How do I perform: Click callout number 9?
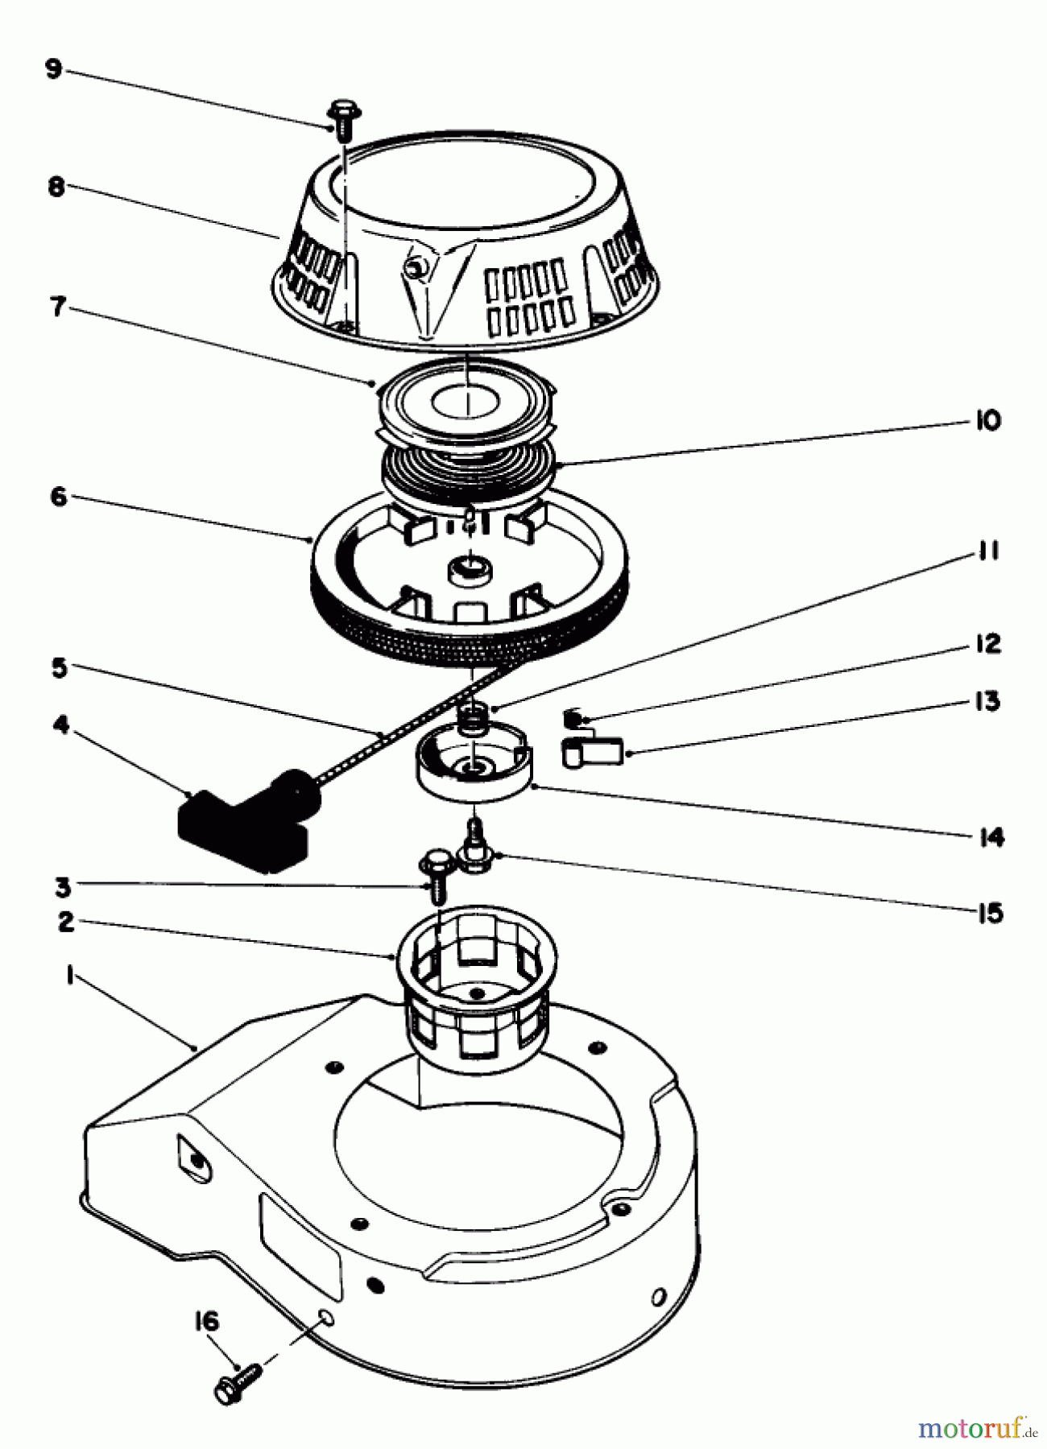53,69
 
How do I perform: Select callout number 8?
56,188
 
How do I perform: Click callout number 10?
988,420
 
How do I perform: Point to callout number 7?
57,307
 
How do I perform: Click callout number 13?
987,700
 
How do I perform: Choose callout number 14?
991,837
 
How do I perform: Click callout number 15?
990,914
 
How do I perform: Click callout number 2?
66,922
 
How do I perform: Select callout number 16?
206,1322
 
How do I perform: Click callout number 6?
58,497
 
